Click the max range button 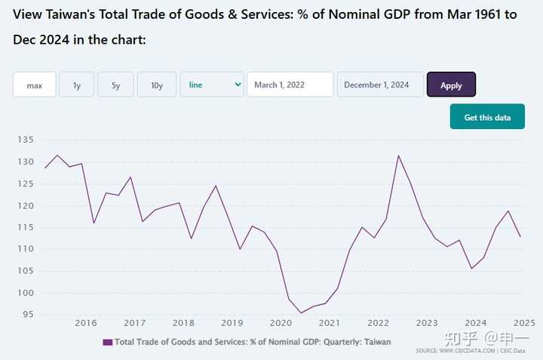(x=34, y=85)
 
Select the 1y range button (x=77, y=85)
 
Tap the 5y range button (x=116, y=85)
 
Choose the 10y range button (x=157, y=85)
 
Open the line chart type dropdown (x=212, y=85)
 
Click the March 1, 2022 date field (x=290, y=85)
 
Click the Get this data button (x=487, y=118)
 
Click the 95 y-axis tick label (x=27, y=314)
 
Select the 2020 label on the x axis (x=281, y=323)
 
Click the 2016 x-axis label (x=86, y=323)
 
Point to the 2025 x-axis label (x=524, y=323)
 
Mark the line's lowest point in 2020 (x=301, y=312)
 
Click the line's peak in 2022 (x=398, y=155)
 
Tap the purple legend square (x=107, y=343)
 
